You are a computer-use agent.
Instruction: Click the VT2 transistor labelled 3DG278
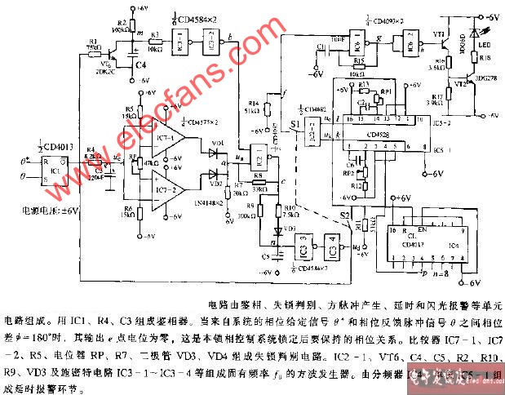click(462, 85)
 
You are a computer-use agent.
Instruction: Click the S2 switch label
click(345, 214)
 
